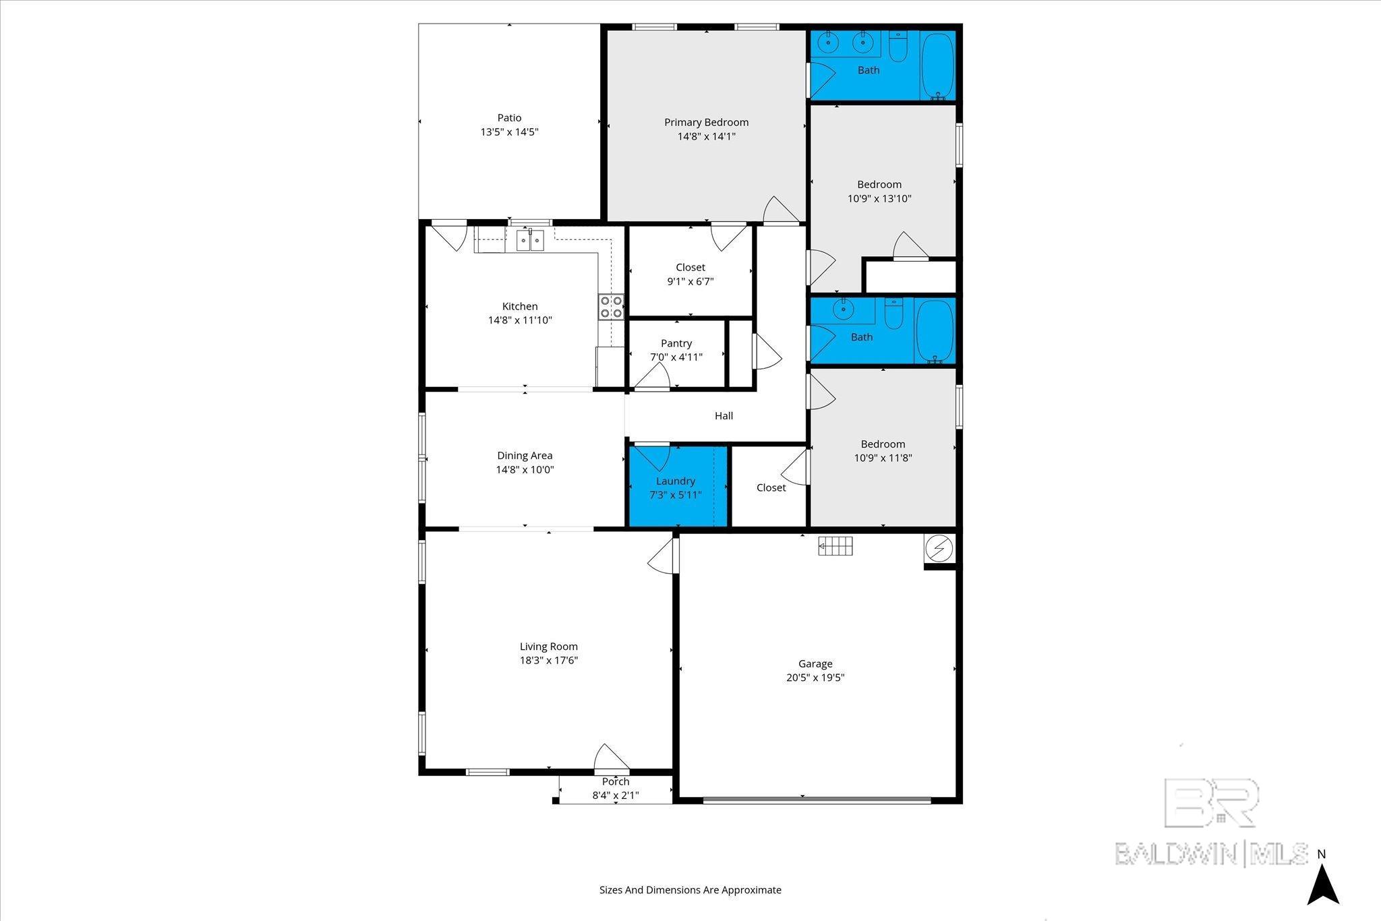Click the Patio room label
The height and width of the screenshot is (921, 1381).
pyautogui.click(x=509, y=118)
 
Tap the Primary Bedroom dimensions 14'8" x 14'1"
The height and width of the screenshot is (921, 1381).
pyautogui.click(x=706, y=136)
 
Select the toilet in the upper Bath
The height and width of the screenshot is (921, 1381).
pyautogui.click(x=898, y=47)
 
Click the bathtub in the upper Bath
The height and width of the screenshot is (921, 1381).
pyautogui.click(x=937, y=64)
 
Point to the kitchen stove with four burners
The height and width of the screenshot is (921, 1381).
pyautogui.click(x=611, y=307)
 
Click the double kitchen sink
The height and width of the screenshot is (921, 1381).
pyautogui.click(x=530, y=240)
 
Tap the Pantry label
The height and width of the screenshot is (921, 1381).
pyautogui.click(x=676, y=343)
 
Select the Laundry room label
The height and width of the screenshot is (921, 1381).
pyautogui.click(x=675, y=481)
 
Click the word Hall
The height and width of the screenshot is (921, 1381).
pyautogui.click(x=724, y=416)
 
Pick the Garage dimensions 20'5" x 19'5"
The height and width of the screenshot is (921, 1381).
pyautogui.click(x=815, y=678)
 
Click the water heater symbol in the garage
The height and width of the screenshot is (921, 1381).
pyautogui.click(x=938, y=549)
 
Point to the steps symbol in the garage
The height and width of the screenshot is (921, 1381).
pyautogui.click(x=835, y=545)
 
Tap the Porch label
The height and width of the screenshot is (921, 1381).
pyautogui.click(x=615, y=781)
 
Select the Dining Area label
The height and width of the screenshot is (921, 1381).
pyautogui.click(x=525, y=456)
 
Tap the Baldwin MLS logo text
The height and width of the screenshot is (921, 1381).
pyautogui.click(x=1211, y=854)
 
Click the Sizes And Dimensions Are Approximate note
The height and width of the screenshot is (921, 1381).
pyautogui.click(x=690, y=890)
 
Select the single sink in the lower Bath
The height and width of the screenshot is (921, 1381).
pyautogui.click(x=842, y=310)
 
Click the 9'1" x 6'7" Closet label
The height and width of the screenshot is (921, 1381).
pyautogui.click(x=690, y=267)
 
